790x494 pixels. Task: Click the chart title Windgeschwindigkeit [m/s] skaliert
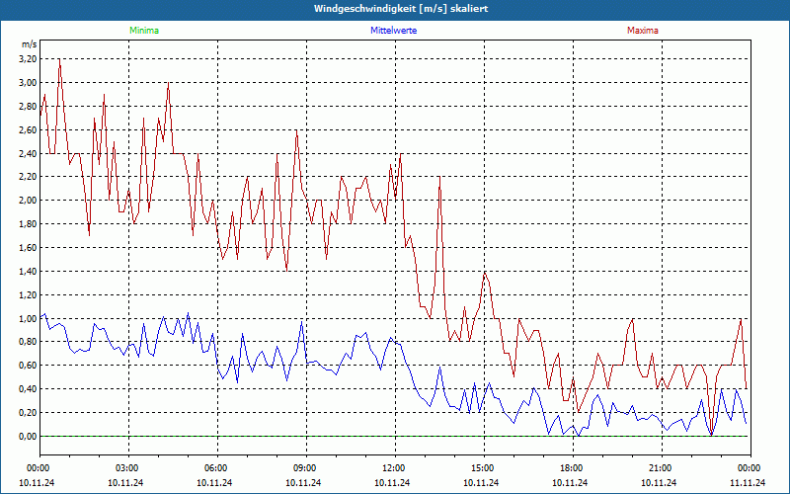tap(394, 9)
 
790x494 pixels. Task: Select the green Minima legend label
tap(143, 31)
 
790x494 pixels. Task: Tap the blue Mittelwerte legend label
tap(393, 31)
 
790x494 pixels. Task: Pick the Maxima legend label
tap(642, 31)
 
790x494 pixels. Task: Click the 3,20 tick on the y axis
tap(27, 58)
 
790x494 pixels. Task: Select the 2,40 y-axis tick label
tap(27, 153)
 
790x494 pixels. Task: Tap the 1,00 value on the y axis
tap(27, 318)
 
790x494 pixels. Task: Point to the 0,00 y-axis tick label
tap(27, 436)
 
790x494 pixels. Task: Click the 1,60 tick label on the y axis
tap(27, 247)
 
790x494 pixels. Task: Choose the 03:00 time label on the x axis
tap(127, 467)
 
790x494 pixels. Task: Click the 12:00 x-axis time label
tap(394, 467)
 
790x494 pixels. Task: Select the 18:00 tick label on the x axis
tap(572, 467)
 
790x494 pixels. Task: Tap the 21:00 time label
tap(661, 467)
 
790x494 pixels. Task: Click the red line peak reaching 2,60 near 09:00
tap(296, 130)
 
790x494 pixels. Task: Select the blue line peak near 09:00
tap(302, 322)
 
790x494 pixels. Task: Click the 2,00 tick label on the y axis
tap(27, 200)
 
